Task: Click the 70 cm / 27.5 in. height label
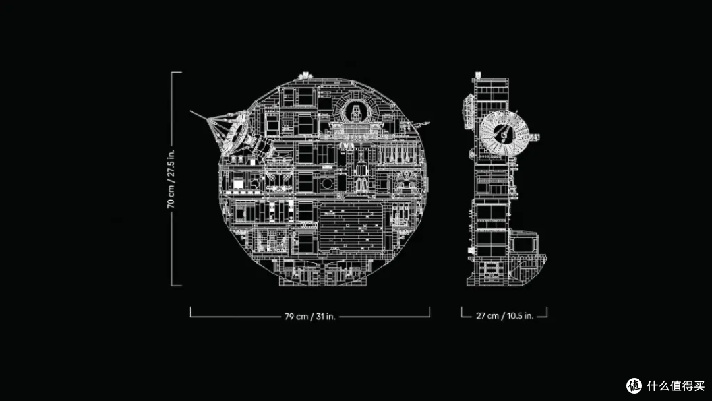pyautogui.click(x=171, y=179)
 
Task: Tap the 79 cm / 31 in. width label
pyautogui.click(x=310, y=316)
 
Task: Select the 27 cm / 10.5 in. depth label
pyautogui.click(x=504, y=316)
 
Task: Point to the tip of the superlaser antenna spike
pyautogui.click(x=191, y=111)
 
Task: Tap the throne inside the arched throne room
pyautogui.click(x=355, y=112)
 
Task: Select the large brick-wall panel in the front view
pyautogui.click(x=351, y=226)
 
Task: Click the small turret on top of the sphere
pyautogui.click(x=305, y=76)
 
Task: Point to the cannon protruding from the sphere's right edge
pyautogui.click(x=420, y=123)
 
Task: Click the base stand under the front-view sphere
pyautogui.click(x=322, y=272)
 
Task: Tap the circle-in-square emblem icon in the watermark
pyautogui.click(x=634, y=386)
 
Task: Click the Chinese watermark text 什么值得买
pyautogui.click(x=676, y=386)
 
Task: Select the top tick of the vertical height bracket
pyautogui.click(x=177, y=72)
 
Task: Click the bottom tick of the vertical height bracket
pyautogui.click(x=177, y=286)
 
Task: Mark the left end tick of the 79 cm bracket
pyautogui.click(x=191, y=311)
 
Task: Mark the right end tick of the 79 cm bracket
pyautogui.click(x=430, y=311)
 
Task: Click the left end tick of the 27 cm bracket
pyautogui.click(x=461, y=311)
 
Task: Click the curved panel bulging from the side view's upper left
pyautogui.click(x=467, y=111)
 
